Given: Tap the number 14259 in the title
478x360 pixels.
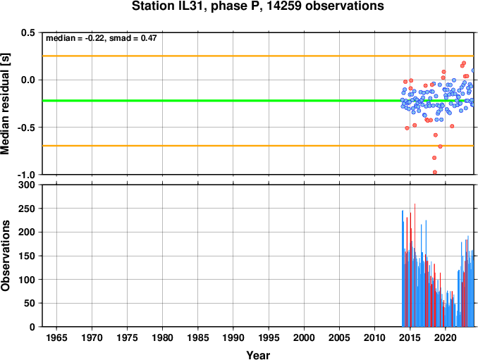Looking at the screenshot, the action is [x=285, y=6].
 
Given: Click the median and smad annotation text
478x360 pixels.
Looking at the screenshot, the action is [x=102, y=38].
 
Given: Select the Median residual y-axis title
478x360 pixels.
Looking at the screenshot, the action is [x=5, y=104].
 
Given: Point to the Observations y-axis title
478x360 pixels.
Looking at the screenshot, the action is [x=5, y=256].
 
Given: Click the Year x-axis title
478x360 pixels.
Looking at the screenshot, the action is [x=258, y=355].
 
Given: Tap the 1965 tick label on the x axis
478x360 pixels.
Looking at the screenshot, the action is [x=56, y=337].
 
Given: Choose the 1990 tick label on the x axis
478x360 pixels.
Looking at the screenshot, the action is [x=233, y=337].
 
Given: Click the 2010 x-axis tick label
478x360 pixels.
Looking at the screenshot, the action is [x=374, y=337].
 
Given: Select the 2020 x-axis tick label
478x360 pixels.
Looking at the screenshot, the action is [x=446, y=337].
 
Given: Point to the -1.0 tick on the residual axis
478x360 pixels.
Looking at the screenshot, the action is [x=26, y=175].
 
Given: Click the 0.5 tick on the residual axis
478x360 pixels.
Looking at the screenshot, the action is [x=28, y=32].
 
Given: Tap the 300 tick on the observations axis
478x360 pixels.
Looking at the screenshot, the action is [x=27, y=185].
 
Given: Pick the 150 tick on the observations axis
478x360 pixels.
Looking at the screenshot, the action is [x=27, y=256].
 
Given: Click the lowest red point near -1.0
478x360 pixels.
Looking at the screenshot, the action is [x=435, y=173].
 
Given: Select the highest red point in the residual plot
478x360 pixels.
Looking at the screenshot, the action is [x=464, y=63].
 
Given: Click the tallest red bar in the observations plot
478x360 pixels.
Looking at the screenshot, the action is [x=415, y=265].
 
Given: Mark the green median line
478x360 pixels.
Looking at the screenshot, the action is [x=258, y=101].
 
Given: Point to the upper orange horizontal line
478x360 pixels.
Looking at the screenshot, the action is [x=258, y=56].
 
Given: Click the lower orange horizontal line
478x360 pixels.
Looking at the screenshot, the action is [x=258, y=146].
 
